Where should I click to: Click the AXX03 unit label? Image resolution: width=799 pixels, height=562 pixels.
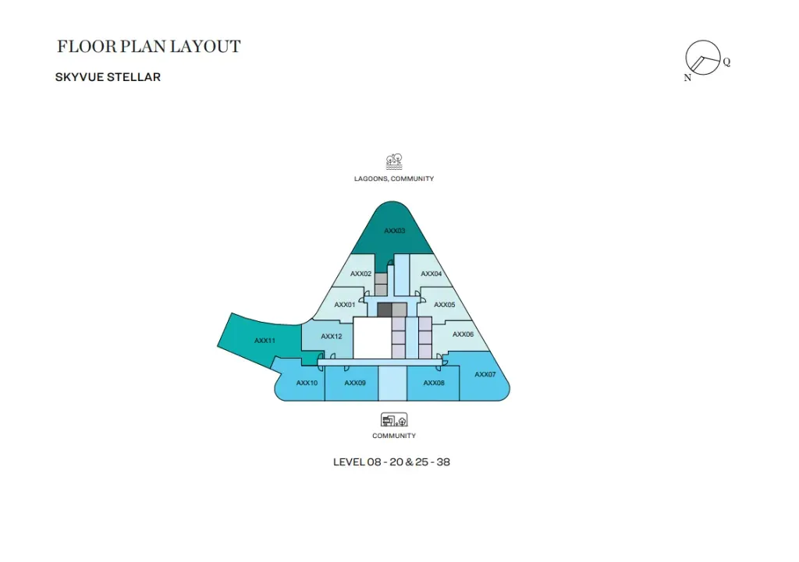click(x=394, y=231)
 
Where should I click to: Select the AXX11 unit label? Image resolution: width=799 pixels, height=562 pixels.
click(x=265, y=341)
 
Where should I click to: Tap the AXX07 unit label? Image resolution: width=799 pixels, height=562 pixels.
click(x=485, y=374)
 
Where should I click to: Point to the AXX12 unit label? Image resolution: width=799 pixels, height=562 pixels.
click(x=332, y=337)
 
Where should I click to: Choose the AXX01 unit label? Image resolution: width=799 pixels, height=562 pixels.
click(x=345, y=305)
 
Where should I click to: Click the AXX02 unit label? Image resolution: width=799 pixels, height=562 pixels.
click(x=361, y=274)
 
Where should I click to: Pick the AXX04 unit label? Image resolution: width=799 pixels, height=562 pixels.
click(x=431, y=274)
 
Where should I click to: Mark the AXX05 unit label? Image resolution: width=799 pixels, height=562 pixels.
click(x=445, y=305)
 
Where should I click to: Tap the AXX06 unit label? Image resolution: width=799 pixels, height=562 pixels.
click(x=463, y=334)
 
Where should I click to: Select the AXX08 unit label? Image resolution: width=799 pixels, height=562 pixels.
click(x=434, y=383)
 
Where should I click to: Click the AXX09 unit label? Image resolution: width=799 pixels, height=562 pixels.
click(x=355, y=383)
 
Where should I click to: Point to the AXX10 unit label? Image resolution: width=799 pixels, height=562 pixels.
click(x=307, y=383)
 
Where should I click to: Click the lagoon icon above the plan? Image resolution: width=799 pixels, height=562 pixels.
click(x=394, y=162)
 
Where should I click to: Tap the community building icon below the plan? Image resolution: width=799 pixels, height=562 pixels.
click(x=394, y=420)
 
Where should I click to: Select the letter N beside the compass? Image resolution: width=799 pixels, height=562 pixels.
click(x=688, y=78)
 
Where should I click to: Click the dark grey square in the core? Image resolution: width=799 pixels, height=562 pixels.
click(x=385, y=310)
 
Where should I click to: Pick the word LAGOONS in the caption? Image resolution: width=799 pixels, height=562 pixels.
click(x=371, y=178)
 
